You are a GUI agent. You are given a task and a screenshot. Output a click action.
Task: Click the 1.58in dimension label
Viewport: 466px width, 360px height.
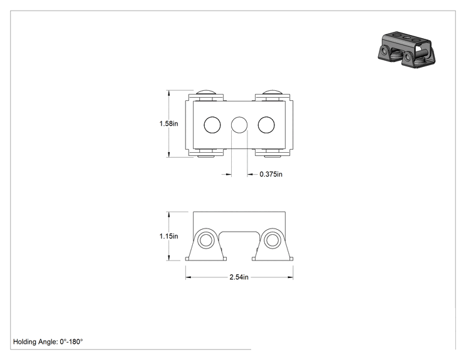pyautogui.click(x=168, y=123)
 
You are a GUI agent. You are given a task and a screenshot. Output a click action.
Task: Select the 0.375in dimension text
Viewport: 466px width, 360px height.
pyautogui.click(x=271, y=174)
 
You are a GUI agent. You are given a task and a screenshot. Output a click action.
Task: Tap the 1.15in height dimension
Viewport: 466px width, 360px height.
pyautogui.click(x=168, y=236)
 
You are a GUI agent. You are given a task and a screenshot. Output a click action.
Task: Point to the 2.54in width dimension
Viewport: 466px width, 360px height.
pyautogui.click(x=239, y=277)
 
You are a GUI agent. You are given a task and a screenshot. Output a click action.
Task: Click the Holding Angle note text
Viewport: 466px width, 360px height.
pyautogui.click(x=48, y=342)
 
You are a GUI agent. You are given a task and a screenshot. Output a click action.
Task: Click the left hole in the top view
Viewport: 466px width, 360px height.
pyautogui.click(x=212, y=125)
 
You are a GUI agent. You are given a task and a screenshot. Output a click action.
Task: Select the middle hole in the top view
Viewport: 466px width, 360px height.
pyautogui.click(x=239, y=125)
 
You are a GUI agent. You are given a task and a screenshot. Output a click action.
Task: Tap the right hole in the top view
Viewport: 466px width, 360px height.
pyautogui.click(x=266, y=125)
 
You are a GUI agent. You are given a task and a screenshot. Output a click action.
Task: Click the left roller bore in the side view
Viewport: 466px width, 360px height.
pyautogui.click(x=205, y=240)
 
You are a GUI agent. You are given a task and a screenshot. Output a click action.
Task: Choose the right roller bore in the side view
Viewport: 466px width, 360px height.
pyautogui.click(x=272, y=240)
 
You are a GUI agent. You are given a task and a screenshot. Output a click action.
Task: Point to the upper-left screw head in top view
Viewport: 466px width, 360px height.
pyautogui.click(x=205, y=92)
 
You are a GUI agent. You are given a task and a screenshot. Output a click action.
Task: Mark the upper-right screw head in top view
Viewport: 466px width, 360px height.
pyautogui.click(x=272, y=92)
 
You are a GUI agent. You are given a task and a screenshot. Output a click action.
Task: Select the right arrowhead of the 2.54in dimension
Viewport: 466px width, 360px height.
pyautogui.click(x=291, y=277)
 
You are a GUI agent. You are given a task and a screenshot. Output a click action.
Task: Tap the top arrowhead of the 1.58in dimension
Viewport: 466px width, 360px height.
pyautogui.click(x=169, y=93)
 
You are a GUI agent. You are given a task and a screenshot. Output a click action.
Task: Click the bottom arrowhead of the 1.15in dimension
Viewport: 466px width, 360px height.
pyautogui.click(x=169, y=258)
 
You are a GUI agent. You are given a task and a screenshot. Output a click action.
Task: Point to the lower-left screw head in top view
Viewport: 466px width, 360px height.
pyautogui.click(x=205, y=156)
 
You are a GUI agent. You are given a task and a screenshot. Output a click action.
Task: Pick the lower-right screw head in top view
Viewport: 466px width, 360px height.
pyautogui.click(x=272, y=156)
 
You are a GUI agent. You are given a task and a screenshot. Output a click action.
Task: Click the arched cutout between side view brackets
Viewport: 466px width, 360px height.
pyautogui.click(x=239, y=232)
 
